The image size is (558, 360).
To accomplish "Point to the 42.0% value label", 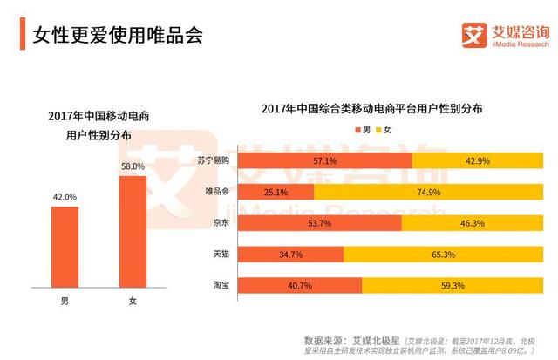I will (65, 197).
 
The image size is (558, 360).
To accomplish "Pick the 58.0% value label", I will (133, 166).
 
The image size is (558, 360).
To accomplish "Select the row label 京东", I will (221, 222).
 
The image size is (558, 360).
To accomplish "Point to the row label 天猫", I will (221, 254).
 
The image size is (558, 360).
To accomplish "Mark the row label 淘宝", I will (221, 285).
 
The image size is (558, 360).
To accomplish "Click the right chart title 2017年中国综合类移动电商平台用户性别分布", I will (372, 109).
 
